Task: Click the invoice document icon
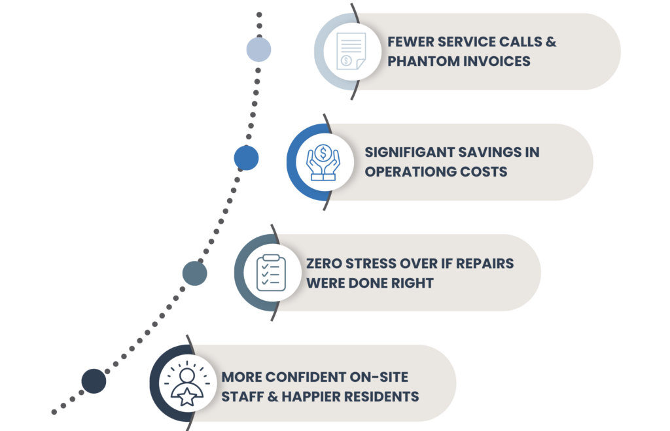[x=351, y=51]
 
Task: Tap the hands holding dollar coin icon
[x=323, y=162]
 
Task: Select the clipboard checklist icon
[x=271, y=273]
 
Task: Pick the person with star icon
[x=186, y=383]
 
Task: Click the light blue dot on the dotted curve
[x=258, y=50]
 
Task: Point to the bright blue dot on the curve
[x=246, y=158]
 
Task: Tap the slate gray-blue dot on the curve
[x=194, y=273]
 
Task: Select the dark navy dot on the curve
[x=94, y=381]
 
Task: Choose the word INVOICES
[x=497, y=61]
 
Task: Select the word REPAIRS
[x=485, y=264]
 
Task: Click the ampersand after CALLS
[x=551, y=42]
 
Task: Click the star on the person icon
[x=186, y=397]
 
